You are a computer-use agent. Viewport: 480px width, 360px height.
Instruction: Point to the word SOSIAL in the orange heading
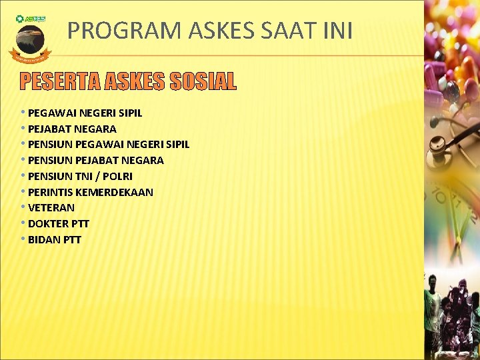[x=203, y=81]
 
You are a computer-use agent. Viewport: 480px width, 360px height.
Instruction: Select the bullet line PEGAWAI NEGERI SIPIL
[x=85, y=113]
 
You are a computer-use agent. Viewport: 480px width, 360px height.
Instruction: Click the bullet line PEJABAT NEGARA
[x=72, y=129]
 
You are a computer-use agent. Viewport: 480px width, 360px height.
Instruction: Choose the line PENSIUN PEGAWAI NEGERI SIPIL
[x=109, y=144]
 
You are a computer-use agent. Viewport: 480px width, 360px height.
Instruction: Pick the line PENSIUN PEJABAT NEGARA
[x=96, y=160]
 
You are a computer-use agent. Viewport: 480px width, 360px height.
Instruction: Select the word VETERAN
[x=51, y=207]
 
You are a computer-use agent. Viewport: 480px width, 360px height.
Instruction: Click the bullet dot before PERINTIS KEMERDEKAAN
[x=23, y=192]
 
